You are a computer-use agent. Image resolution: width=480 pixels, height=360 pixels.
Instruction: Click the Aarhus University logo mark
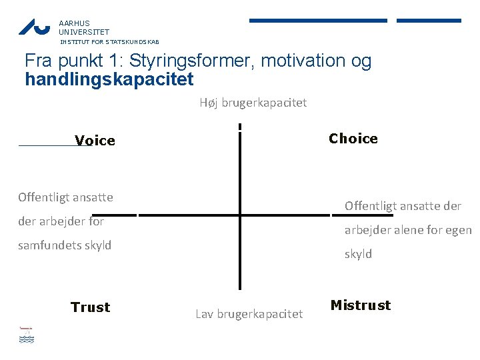[34, 27]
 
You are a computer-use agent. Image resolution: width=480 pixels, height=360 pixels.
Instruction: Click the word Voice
[95, 141]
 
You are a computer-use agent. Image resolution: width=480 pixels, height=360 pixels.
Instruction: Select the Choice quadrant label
[353, 139]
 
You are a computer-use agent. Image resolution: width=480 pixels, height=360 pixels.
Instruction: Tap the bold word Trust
[90, 307]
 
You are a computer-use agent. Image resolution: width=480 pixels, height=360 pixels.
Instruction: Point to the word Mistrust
[361, 305]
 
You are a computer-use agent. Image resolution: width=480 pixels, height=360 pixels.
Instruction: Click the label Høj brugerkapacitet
[253, 103]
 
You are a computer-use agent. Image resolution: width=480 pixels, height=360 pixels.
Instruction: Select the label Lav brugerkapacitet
[249, 313]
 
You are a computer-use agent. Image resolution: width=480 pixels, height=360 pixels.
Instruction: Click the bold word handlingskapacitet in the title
[109, 80]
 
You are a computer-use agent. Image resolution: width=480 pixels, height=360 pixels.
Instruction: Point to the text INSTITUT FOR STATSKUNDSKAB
[110, 41]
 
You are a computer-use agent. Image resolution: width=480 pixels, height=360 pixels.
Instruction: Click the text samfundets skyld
[65, 245]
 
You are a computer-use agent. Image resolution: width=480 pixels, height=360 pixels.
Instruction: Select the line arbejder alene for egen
[408, 230]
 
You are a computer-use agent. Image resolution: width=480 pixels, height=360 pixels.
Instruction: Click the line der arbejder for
[61, 221]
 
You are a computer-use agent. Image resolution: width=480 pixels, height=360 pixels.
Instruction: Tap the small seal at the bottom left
[26, 334]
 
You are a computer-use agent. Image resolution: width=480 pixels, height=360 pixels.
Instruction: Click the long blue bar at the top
[318, 21]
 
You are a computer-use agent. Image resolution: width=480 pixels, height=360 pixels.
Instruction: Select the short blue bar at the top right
[429, 21]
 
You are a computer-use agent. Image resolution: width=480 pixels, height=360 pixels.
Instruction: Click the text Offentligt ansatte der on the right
[403, 206]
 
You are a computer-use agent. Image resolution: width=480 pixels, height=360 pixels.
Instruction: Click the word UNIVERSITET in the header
[84, 31]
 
